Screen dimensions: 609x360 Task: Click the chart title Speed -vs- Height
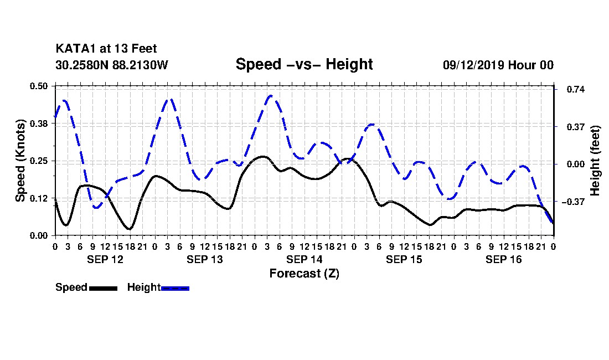(304, 64)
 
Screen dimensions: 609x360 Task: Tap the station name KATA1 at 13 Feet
(106, 49)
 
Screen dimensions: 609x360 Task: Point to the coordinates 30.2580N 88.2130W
(111, 65)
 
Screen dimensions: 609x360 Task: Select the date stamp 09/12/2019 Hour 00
(498, 65)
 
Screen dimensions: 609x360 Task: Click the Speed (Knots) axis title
(20, 161)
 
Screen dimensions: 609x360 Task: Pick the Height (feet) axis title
(595, 161)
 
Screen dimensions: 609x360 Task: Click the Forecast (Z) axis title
(304, 274)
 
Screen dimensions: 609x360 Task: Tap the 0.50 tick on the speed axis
(38, 86)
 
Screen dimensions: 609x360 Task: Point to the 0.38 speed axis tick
(38, 124)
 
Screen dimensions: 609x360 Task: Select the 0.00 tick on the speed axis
(38, 236)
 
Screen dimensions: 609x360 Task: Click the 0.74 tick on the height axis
(576, 89)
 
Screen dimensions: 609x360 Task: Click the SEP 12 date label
(105, 259)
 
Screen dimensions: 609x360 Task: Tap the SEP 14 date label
(304, 259)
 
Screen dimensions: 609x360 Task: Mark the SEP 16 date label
(503, 259)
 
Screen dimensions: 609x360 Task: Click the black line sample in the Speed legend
(104, 288)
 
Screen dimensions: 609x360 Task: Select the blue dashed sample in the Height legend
(175, 288)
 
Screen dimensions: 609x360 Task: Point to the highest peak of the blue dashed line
(271, 95)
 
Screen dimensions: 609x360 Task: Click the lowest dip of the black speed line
(130, 229)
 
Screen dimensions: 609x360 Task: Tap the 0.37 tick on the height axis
(576, 127)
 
